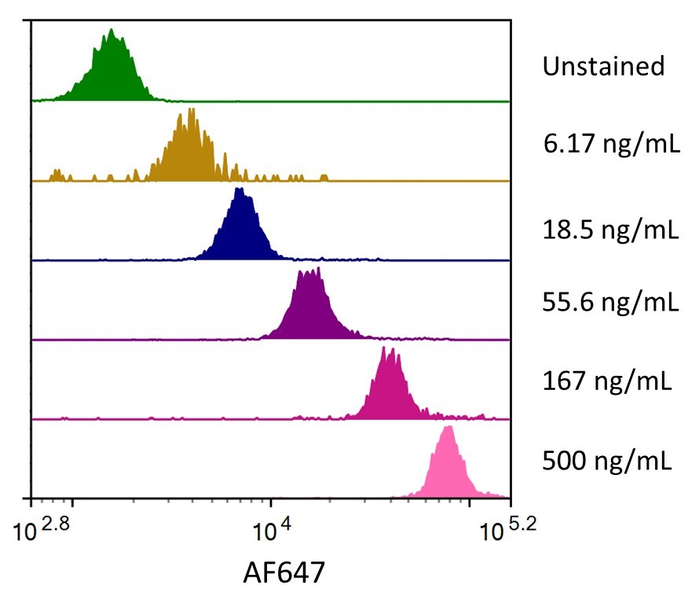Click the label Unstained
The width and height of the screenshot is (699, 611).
[603, 66]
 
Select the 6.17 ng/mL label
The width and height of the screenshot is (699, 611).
[610, 145]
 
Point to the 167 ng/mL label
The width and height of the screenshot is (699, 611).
[606, 381]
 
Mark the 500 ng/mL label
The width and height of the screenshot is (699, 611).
[606, 460]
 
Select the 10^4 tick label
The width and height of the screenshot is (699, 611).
[270, 534]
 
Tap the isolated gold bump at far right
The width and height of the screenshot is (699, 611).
[324, 177]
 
